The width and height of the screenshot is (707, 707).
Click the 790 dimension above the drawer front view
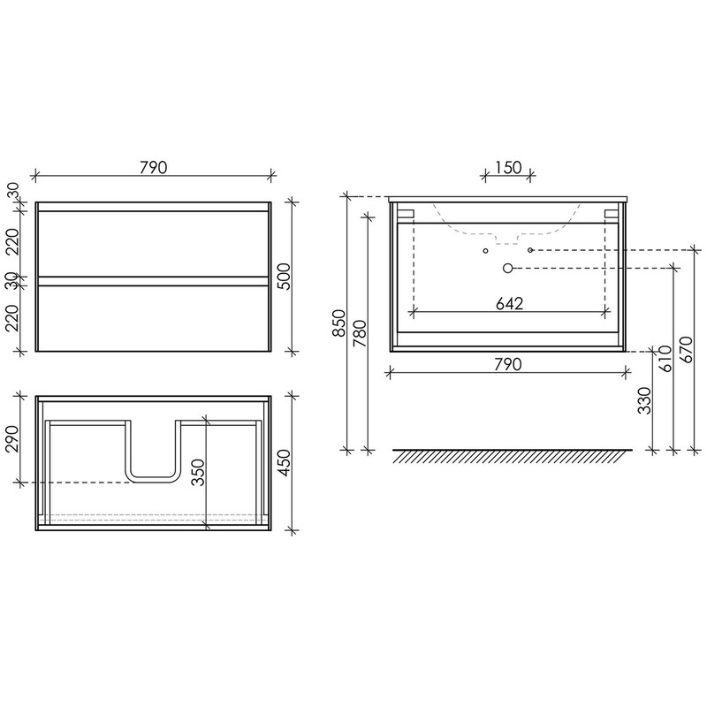coord(153,167)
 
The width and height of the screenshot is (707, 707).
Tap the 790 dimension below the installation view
coord(507,364)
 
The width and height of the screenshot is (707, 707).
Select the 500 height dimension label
coord(285,276)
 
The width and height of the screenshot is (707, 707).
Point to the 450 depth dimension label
coord(285,462)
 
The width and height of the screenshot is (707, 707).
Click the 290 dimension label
coord(12,438)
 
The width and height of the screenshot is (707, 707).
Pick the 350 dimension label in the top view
coord(198,473)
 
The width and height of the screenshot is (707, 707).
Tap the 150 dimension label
coord(508,168)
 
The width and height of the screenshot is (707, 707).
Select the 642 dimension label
coord(510,304)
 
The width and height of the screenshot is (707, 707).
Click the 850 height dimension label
coord(338,323)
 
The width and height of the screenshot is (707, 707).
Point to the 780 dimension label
coord(360,333)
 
